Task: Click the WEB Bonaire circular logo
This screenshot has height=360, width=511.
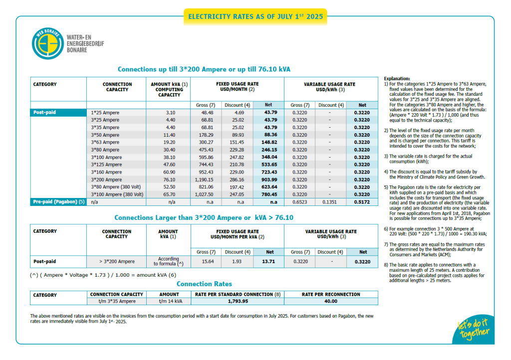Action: tap(48, 43)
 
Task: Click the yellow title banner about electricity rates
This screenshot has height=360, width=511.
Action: tap(255, 16)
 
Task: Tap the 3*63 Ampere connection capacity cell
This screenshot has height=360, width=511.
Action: tap(106, 142)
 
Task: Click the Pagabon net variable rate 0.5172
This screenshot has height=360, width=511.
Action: tap(362, 202)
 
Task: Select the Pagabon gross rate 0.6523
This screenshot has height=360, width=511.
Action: tap(299, 202)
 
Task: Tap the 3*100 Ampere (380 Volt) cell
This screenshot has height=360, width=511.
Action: tap(117, 194)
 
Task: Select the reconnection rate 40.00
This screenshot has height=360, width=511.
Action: tap(331, 301)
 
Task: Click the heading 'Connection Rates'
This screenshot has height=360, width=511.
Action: tap(204, 284)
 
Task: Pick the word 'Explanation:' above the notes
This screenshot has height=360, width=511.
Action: tap(397, 79)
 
